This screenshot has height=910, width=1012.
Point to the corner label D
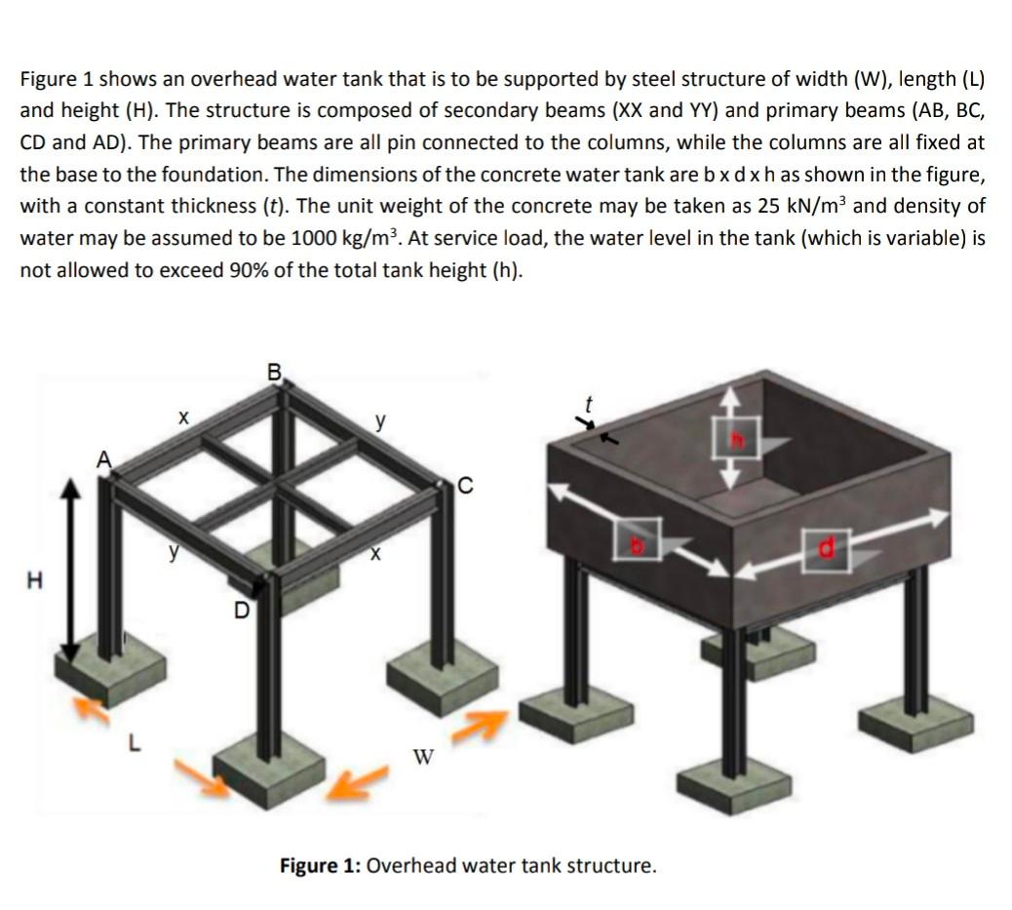tap(241, 612)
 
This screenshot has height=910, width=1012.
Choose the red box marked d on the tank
tap(828, 550)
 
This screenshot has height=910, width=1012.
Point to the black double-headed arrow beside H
tap(69, 574)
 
